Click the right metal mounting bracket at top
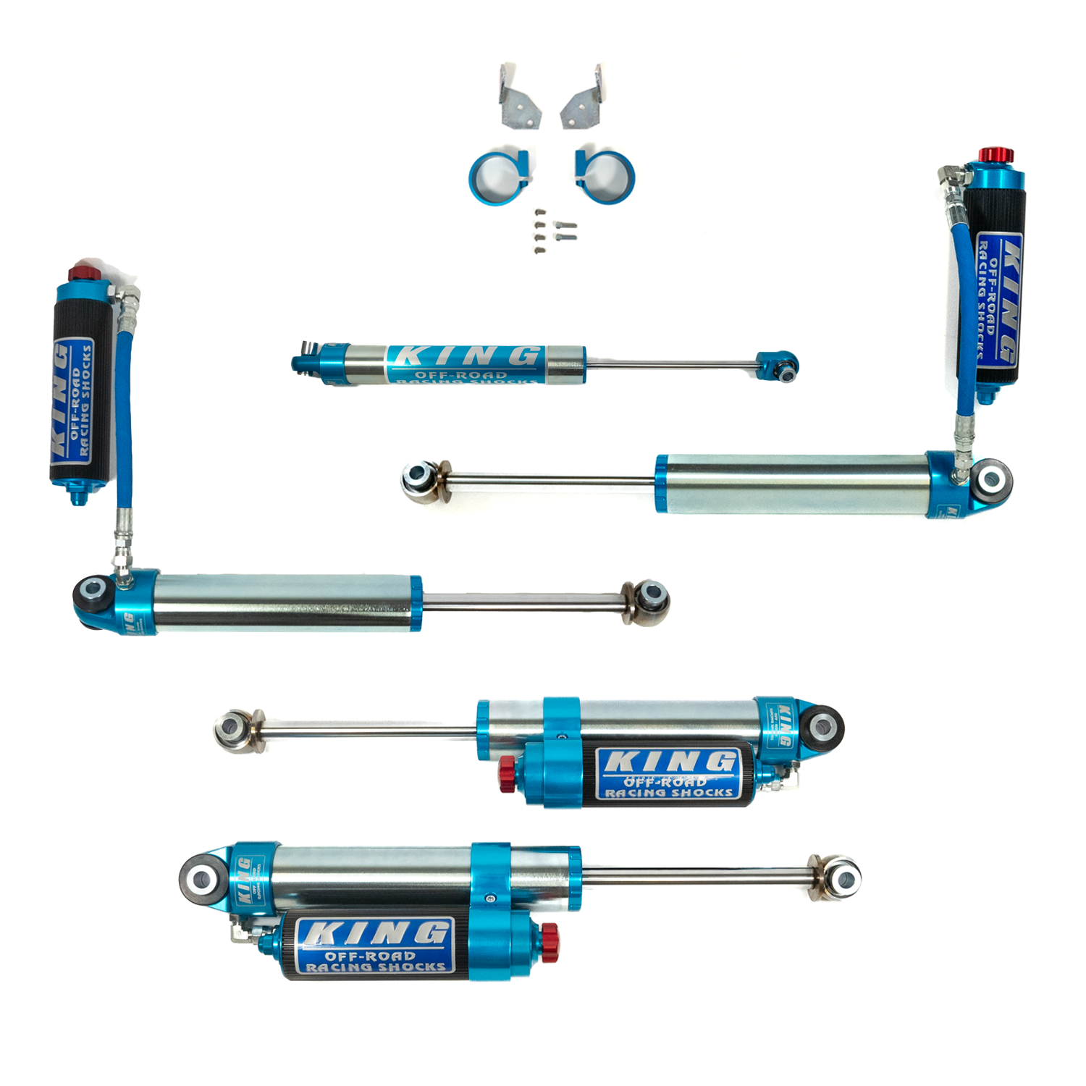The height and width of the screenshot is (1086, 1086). [584, 98]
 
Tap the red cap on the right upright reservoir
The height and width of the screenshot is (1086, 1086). [996, 155]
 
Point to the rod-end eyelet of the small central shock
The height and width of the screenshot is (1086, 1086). [782, 367]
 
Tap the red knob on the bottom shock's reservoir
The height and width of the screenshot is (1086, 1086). [550, 938]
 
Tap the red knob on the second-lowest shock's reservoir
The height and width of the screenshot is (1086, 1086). [507, 774]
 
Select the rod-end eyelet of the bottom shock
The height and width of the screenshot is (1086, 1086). [842, 878]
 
